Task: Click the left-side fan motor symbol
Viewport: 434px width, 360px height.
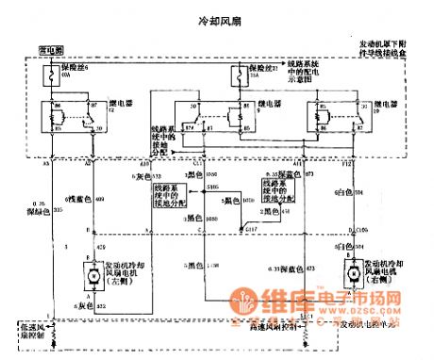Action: pyautogui.click(x=95, y=274)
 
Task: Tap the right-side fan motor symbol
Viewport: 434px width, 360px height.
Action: pyautogui.click(x=346, y=273)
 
